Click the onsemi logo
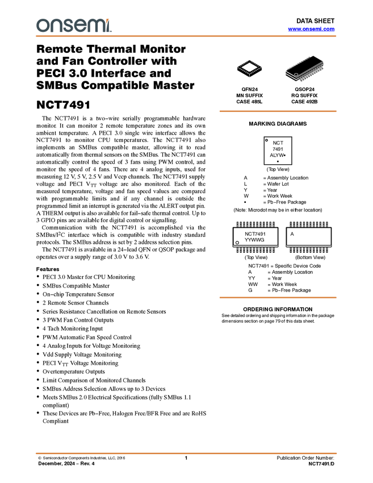tap(74, 25)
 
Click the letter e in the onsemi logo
tap(82, 26)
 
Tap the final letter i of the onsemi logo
tap(110, 27)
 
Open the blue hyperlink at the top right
tap(311, 29)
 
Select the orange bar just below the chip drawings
tap(278, 111)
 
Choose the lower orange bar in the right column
tap(278, 297)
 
